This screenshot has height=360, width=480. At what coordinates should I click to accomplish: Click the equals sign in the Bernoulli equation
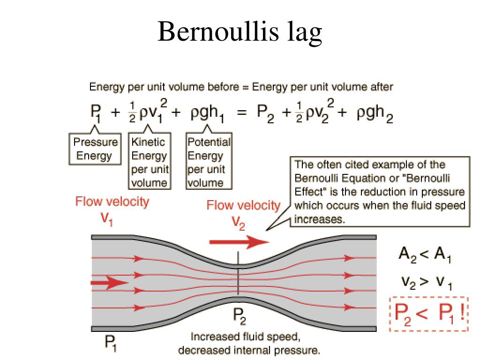coord(242,112)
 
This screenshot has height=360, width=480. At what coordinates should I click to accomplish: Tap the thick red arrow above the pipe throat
coord(239,242)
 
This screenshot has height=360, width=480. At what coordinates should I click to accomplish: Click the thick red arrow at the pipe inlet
coord(109,282)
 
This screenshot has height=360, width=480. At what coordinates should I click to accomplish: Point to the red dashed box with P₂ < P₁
coord(429,314)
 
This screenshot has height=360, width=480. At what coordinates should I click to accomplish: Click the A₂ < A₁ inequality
coord(425,255)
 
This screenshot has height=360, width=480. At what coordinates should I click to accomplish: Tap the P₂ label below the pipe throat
coord(239,316)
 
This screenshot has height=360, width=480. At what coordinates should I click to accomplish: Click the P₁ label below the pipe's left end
coord(111,343)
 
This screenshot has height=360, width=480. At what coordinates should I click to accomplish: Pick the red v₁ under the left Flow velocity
coord(107,219)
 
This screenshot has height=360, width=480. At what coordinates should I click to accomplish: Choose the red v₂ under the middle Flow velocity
coord(238,223)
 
